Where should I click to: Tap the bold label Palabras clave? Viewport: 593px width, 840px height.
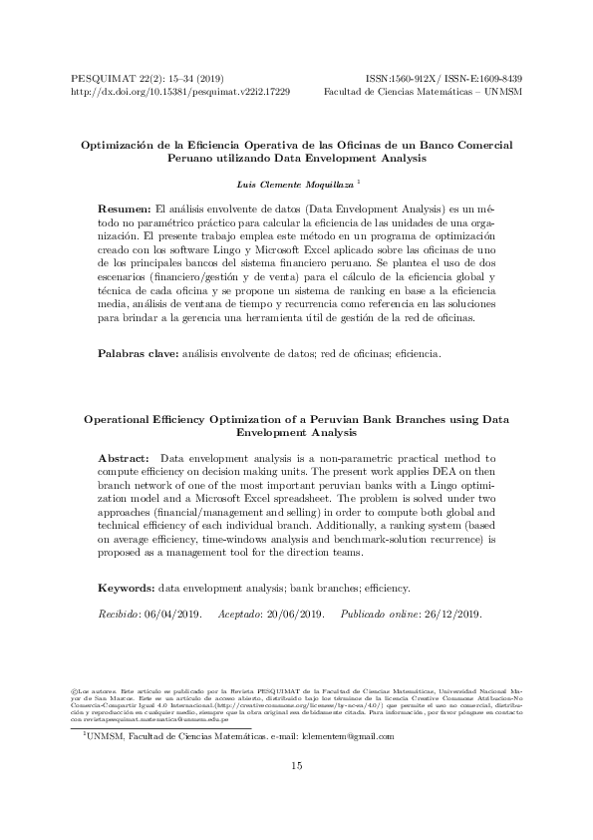pos(138,353)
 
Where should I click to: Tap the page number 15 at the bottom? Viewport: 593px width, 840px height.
pos(296,765)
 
